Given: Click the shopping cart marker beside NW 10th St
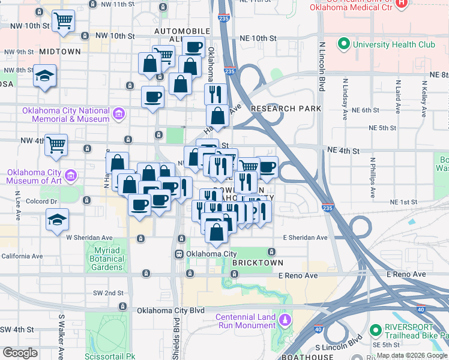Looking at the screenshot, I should pyautogui.click(x=63, y=21).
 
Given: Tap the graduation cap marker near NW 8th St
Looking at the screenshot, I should pyautogui.click(x=45, y=76).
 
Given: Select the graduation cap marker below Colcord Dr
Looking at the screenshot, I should pyautogui.click(x=57, y=220).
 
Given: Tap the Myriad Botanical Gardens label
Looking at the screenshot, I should pyautogui.click(x=109, y=259).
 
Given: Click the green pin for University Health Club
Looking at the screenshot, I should pyautogui.click(x=343, y=44).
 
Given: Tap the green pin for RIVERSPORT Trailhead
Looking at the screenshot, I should pyautogui.click(x=376, y=329).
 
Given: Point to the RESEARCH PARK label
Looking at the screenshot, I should pyautogui.click(x=286, y=109).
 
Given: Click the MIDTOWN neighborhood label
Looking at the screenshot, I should pyautogui.click(x=60, y=52).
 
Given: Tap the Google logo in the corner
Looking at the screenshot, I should pyautogui.click(x=20, y=353).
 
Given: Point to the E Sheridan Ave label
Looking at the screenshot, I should pyautogui.click(x=306, y=238).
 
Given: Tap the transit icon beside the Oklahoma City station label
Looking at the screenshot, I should pyautogui.click(x=179, y=254).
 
